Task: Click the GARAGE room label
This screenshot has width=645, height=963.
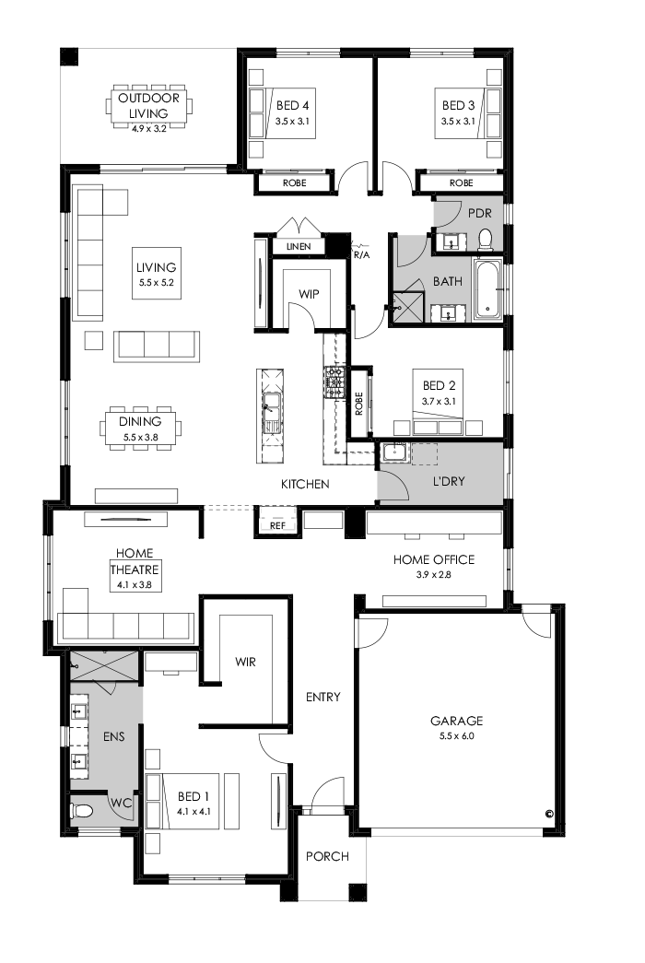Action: point(456,721)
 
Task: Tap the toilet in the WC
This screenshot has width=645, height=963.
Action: point(82,811)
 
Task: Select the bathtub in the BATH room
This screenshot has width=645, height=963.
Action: point(487,288)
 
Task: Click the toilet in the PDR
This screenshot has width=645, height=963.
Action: point(486,241)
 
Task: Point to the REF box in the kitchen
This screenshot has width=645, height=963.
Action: point(277,525)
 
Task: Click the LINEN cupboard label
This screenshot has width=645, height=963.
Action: point(299,247)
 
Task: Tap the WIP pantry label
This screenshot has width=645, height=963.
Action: point(307,293)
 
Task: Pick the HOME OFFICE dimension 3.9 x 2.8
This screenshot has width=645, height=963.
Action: point(433,575)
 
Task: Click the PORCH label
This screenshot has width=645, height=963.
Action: point(327,856)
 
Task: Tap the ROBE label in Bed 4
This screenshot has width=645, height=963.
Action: point(294,183)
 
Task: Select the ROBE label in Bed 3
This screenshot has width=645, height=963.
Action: point(461,183)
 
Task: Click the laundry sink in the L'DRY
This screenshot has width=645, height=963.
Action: point(394,452)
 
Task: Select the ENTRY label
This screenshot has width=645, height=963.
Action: point(322,697)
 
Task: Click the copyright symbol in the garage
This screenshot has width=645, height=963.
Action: point(548,814)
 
